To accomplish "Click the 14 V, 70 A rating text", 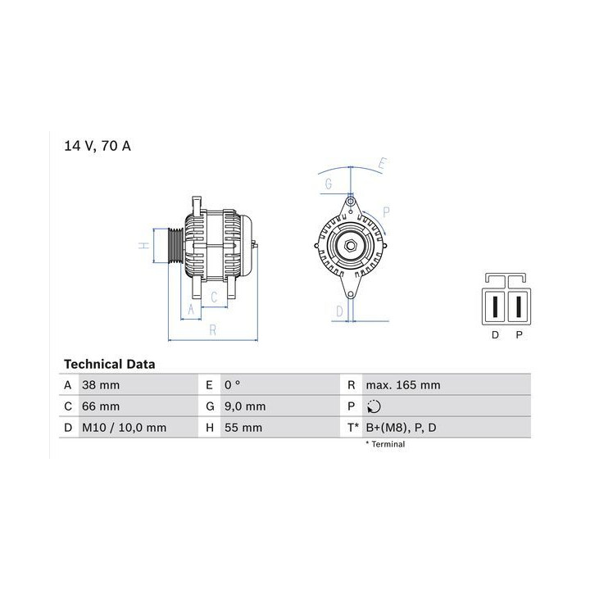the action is tap(98, 146).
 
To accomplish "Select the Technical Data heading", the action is tap(110, 364).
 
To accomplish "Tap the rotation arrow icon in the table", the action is tap(374, 406).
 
